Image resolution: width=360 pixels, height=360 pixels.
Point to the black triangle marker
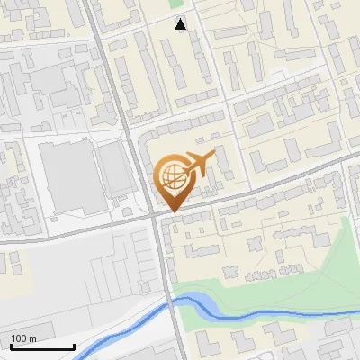tap(181, 24)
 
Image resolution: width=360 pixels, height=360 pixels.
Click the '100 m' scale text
tap(23, 338)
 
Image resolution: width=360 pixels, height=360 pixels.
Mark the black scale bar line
tap(42, 347)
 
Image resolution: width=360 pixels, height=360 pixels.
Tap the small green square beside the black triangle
tap(175, 4)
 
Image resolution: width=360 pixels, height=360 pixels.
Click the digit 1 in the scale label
tap(13, 338)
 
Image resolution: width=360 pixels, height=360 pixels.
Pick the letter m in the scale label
tap(33, 339)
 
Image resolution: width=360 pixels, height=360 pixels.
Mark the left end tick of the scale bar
tap(11, 346)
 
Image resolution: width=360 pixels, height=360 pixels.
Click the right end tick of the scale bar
tap(74, 346)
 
